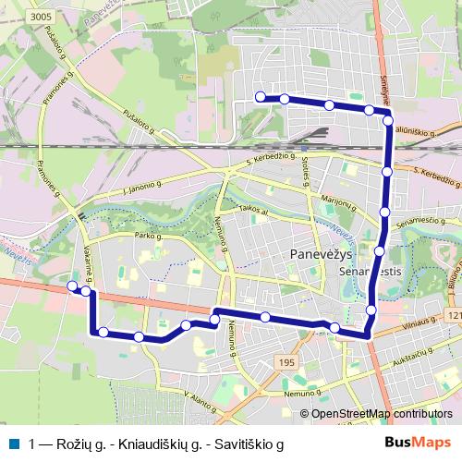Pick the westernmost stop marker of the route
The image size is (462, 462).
click(72, 286)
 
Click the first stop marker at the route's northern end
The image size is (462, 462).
click(261, 97)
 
